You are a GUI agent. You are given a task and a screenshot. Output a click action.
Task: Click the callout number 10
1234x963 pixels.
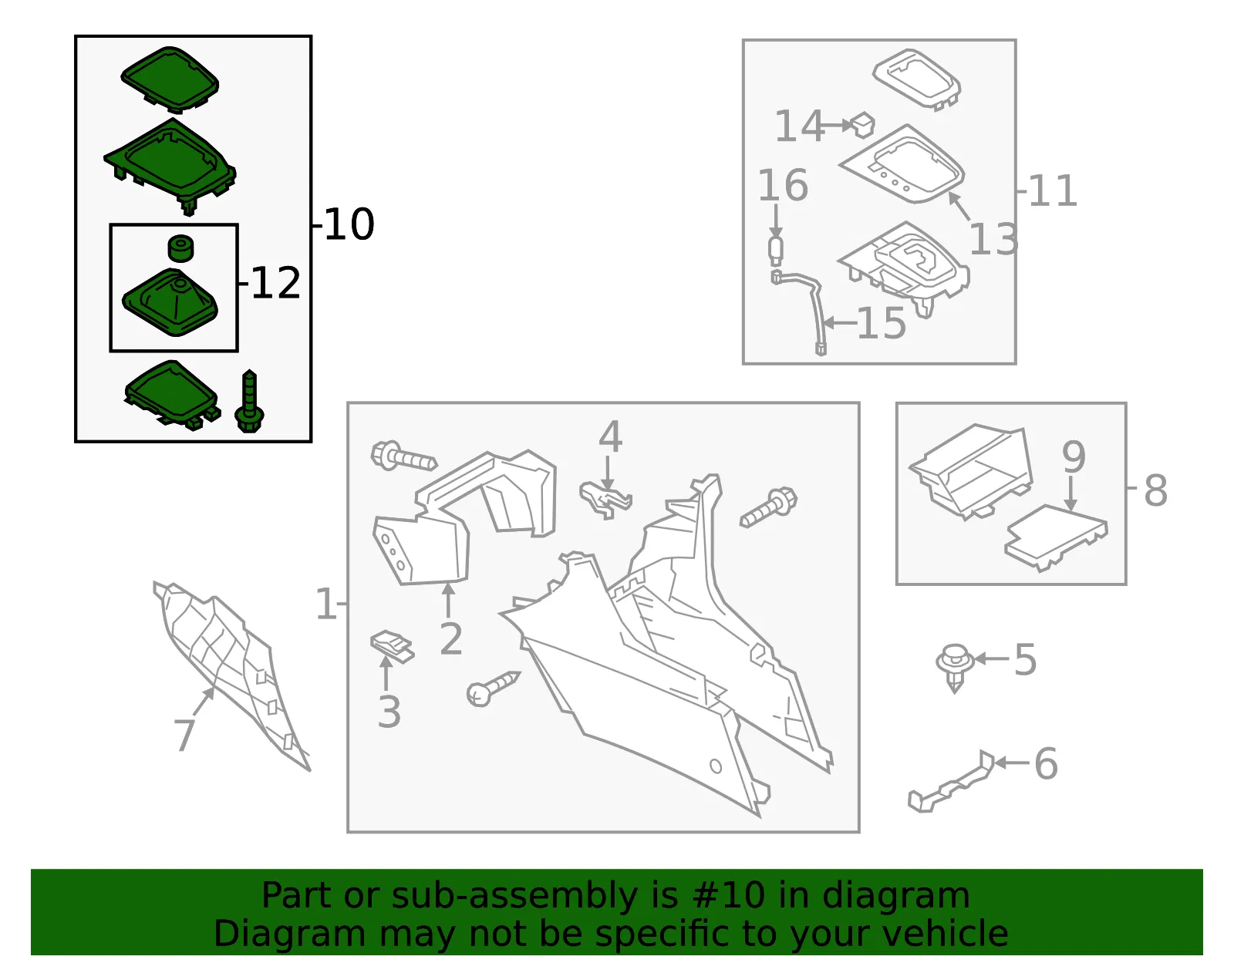349,224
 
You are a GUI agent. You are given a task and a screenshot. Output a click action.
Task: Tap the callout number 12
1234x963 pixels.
275,283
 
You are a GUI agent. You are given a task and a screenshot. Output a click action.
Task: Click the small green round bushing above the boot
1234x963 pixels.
180,248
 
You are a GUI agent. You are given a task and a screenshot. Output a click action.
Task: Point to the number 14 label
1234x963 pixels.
800,126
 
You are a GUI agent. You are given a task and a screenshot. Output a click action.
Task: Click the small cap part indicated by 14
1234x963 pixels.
862,125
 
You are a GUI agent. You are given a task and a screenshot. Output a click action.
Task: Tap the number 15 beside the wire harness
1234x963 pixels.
881,323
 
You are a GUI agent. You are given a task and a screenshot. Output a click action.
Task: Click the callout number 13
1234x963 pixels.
993,238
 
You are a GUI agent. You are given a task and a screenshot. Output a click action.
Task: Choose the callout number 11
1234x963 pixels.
1052,190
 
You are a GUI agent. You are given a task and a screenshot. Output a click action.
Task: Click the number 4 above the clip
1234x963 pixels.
610,436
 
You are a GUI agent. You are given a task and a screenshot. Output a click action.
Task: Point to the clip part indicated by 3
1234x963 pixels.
392,646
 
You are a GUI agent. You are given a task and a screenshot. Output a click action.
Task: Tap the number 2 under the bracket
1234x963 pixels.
451,639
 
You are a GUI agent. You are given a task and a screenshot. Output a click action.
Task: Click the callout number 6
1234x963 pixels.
1046,764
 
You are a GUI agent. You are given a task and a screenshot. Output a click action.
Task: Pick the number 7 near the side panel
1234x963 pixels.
184,735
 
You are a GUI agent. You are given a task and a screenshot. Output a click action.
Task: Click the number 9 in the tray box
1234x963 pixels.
1074,456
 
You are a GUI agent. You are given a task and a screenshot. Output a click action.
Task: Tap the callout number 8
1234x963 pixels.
1155,490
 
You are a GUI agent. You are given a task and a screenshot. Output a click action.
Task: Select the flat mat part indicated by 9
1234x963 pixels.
1056,537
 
